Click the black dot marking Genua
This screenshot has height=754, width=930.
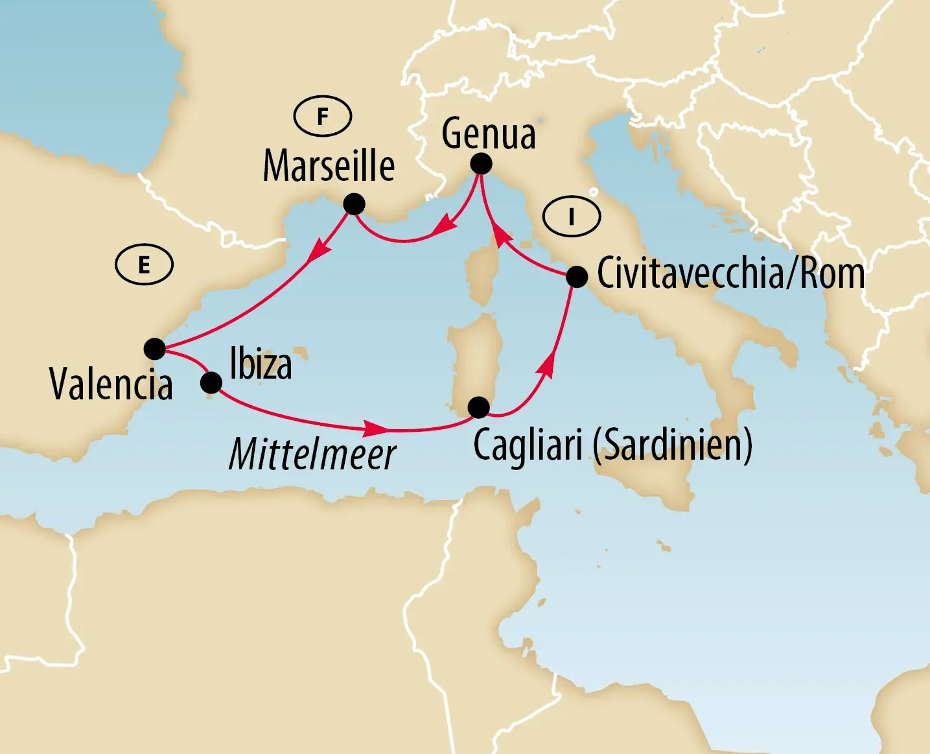coord(481,164)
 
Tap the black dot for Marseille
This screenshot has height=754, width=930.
coord(354,204)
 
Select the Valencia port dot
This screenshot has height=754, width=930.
coord(155,349)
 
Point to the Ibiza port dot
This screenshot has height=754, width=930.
coord(211,383)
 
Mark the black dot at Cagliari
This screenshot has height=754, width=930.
coord(478,407)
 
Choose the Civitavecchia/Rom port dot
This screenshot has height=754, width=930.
coord(577,277)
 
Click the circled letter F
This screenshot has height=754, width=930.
coord(323,117)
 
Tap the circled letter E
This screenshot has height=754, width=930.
coord(144,265)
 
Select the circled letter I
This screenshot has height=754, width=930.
coord(572,217)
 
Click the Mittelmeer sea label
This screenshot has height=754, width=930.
coord(312,454)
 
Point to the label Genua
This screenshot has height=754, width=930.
coord(489,134)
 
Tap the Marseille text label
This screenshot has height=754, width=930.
coord(329,166)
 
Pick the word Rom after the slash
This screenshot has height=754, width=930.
coord(832,274)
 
